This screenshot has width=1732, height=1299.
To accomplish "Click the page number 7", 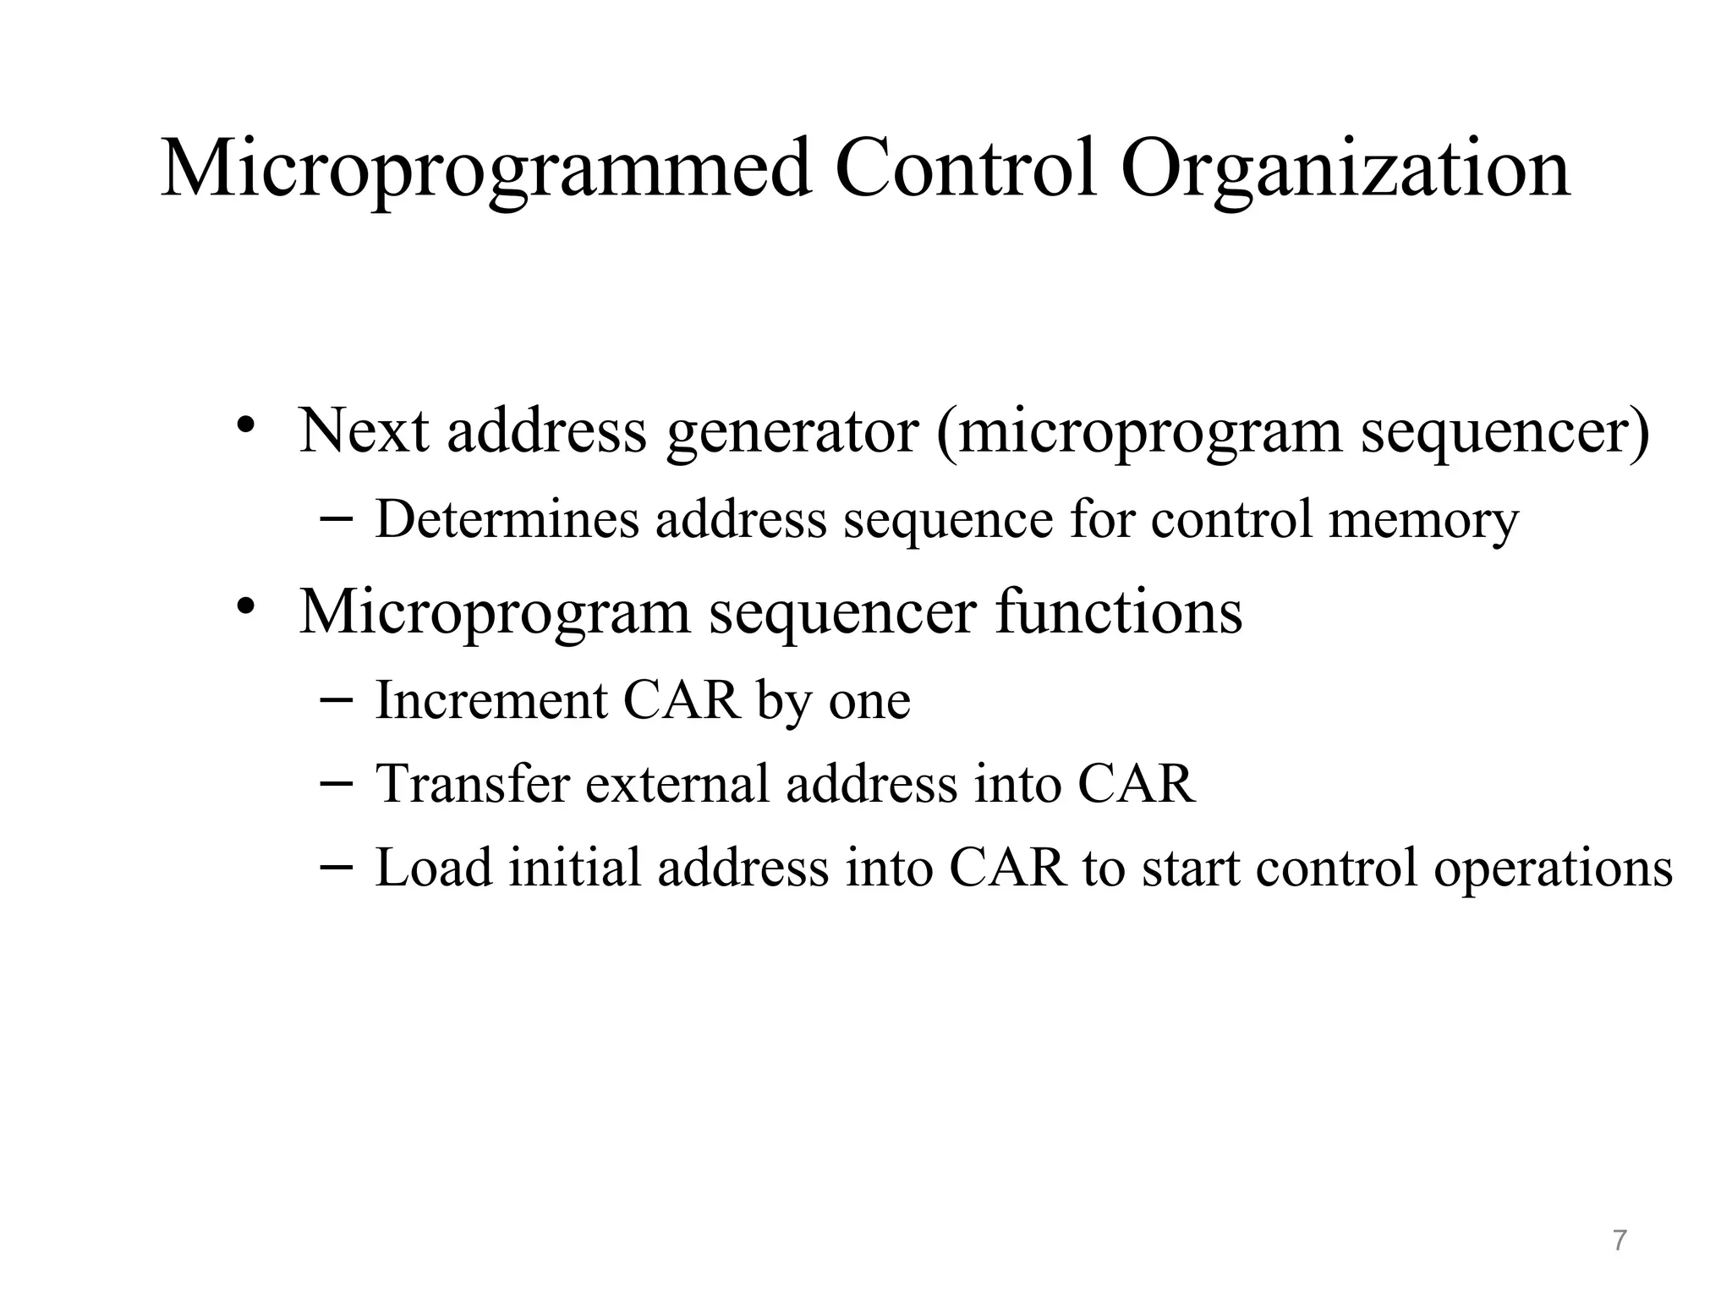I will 1619,1240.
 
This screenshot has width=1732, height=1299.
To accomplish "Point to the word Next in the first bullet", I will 364,430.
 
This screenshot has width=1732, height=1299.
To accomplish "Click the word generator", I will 792,433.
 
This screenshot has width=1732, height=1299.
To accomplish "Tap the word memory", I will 1423,520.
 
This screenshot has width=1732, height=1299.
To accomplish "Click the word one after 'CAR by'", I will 869,702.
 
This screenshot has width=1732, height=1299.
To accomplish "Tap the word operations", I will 1553,869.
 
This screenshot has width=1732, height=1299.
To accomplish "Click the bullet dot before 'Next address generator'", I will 246,423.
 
